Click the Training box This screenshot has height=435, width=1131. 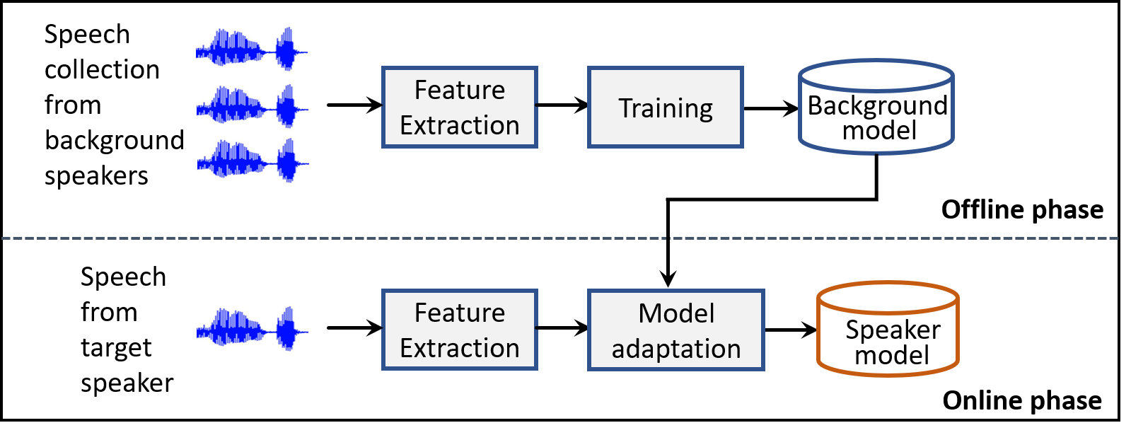[x=665, y=108]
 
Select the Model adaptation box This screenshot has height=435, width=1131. [x=675, y=330]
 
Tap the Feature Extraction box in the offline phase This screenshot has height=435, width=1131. [x=460, y=108]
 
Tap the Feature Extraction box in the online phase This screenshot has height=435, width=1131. [x=460, y=330]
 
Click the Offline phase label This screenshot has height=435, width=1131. [x=1021, y=209]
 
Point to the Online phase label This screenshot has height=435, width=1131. [x=1021, y=400]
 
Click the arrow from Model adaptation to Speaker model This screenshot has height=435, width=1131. [x=790, y=330]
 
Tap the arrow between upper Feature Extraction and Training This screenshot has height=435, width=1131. [x=562, y=106]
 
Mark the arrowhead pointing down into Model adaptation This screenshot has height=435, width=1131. [x=668, y=279]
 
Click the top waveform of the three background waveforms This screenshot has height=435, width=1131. [x=251, y=49]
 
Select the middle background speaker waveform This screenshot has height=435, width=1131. [x=251, y=107]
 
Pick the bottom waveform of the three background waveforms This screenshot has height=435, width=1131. [x=251, y=161]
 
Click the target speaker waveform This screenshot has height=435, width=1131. [x=251, y=328]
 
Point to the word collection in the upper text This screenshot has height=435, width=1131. [x=102, y=69]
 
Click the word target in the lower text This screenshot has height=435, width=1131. [x=116, y=348]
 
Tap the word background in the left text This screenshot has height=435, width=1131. [x=114, y=140]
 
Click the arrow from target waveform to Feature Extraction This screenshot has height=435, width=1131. [x=354, y=327]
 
